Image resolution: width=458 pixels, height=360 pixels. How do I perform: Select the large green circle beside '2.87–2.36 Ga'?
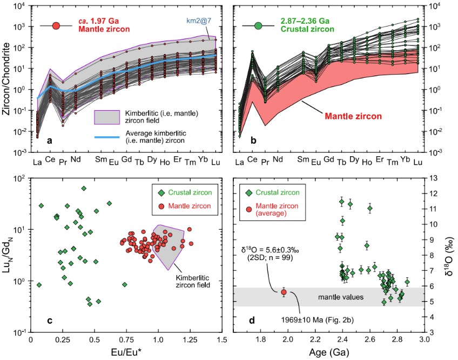point(259,25)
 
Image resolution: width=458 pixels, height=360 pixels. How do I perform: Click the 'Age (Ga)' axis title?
point(328,354)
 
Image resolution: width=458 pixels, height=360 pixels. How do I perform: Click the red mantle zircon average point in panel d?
point(284,292)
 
